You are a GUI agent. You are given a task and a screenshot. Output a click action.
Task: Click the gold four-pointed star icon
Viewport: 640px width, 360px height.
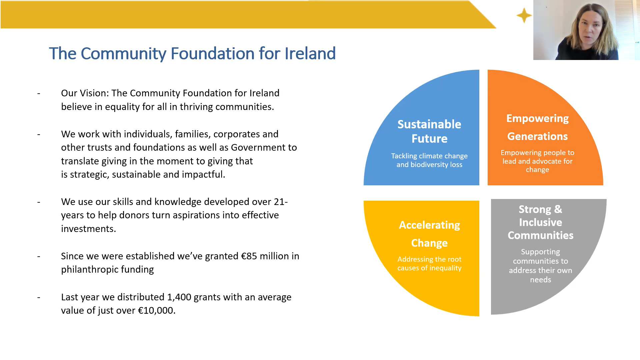click(x=524, y=15)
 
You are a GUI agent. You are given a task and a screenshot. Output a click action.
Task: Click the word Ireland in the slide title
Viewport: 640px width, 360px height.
click(x=310, y=53)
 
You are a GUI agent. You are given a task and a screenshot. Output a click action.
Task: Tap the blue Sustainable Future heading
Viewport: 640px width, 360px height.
click(x=429, y=131)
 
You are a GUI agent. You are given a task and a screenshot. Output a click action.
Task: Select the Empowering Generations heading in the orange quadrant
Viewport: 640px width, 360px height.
click(x=537, y=127)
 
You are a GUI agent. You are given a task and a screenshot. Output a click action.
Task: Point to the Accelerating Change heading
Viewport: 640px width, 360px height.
click(x=429, y=234)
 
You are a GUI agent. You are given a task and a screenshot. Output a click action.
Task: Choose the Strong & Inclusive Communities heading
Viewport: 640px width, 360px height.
click(x=540, y=222)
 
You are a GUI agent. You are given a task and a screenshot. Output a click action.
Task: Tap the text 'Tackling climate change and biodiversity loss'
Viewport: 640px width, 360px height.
click(x=429, y=160)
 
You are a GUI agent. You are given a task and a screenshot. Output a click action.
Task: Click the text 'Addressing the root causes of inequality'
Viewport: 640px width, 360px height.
click(x=429, y=264)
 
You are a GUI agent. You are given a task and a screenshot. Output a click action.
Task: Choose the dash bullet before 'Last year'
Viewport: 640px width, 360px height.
click(x=39, y=297)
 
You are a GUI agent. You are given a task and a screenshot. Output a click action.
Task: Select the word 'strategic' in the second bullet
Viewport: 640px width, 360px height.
click(x=89, y=175)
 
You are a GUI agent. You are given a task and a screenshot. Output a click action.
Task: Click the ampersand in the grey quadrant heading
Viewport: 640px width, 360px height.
click(x=558, y=209)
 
